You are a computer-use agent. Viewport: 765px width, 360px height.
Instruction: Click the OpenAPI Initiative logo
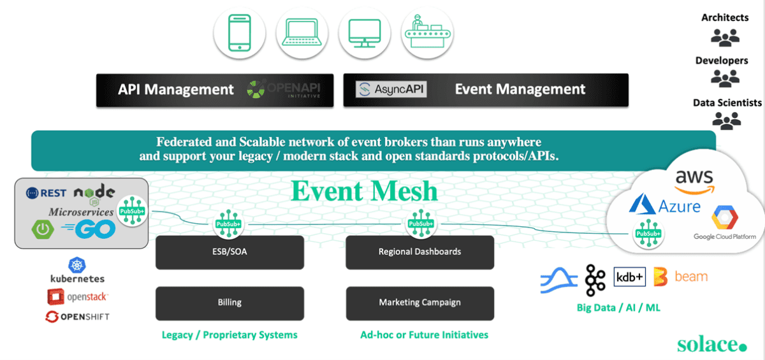pos(291,90)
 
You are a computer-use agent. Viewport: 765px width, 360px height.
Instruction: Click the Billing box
pos(229,303)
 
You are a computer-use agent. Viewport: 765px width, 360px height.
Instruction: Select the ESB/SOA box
pos(229,252)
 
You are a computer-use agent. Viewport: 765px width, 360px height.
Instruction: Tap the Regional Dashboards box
pos(419,252)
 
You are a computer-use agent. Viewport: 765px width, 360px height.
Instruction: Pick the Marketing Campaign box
pos(419,303)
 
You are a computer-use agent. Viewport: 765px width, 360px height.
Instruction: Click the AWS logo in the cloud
pos(694,180)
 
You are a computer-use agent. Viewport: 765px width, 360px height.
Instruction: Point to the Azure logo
pos(664,205)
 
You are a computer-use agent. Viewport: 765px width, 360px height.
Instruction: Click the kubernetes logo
pos(77,270)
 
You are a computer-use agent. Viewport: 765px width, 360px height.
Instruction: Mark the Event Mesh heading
pos(365,191)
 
